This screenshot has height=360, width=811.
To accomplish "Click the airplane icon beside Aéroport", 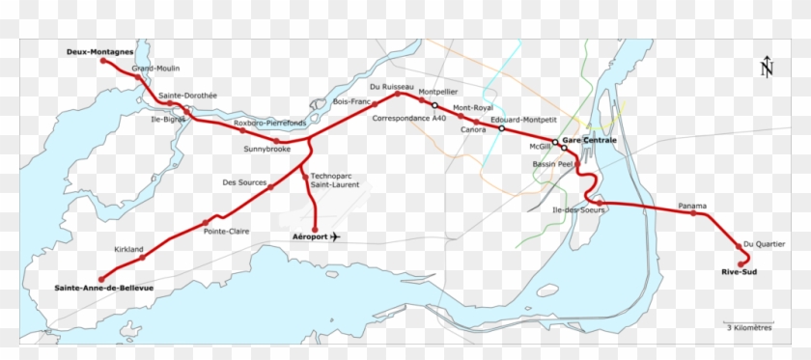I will [x=335, y=236].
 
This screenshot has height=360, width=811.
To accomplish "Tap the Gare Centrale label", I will [x=589, y=141].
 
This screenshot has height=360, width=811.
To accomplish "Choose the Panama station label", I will [x=692, y=206].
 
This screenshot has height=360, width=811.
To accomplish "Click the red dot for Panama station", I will [x=693, y=213].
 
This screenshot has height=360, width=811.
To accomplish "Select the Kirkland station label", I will [x=128, y=249].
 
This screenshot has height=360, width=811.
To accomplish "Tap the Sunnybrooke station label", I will [x=266, y=150].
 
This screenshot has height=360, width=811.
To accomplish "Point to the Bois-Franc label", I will [x=351, y=100].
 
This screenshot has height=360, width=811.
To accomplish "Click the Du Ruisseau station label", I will [x=391, y=87].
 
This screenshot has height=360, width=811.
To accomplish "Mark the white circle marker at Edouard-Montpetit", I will [x=502, y=128].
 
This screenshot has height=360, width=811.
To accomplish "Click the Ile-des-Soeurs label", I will [x=577, y=210].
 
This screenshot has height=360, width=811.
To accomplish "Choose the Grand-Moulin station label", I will [x=155, y=69].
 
